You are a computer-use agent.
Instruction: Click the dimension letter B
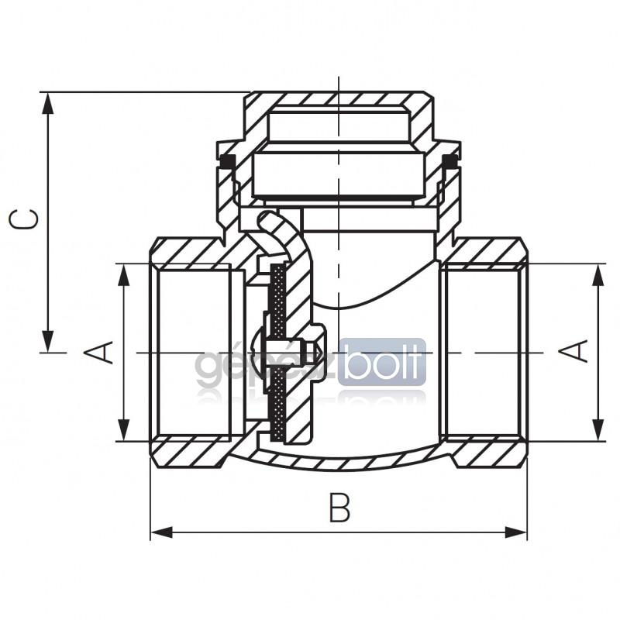point(339,507)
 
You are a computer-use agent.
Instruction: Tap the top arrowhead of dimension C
point(48,104)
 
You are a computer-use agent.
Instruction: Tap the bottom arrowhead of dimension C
point(48,341)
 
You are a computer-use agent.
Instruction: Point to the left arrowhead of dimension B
point(162,532)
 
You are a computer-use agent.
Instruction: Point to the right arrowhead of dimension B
point(515,532)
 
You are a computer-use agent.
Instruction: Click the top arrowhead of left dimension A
point(124,274)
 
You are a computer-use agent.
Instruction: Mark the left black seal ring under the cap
point(227,161)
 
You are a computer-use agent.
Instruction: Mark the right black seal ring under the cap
point(449,161)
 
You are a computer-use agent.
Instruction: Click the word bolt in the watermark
point(382,361)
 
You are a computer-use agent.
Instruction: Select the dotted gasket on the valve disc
point(278,353)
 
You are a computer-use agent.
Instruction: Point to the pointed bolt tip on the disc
point(317,350)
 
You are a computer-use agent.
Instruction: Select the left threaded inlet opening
point(193,353)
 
